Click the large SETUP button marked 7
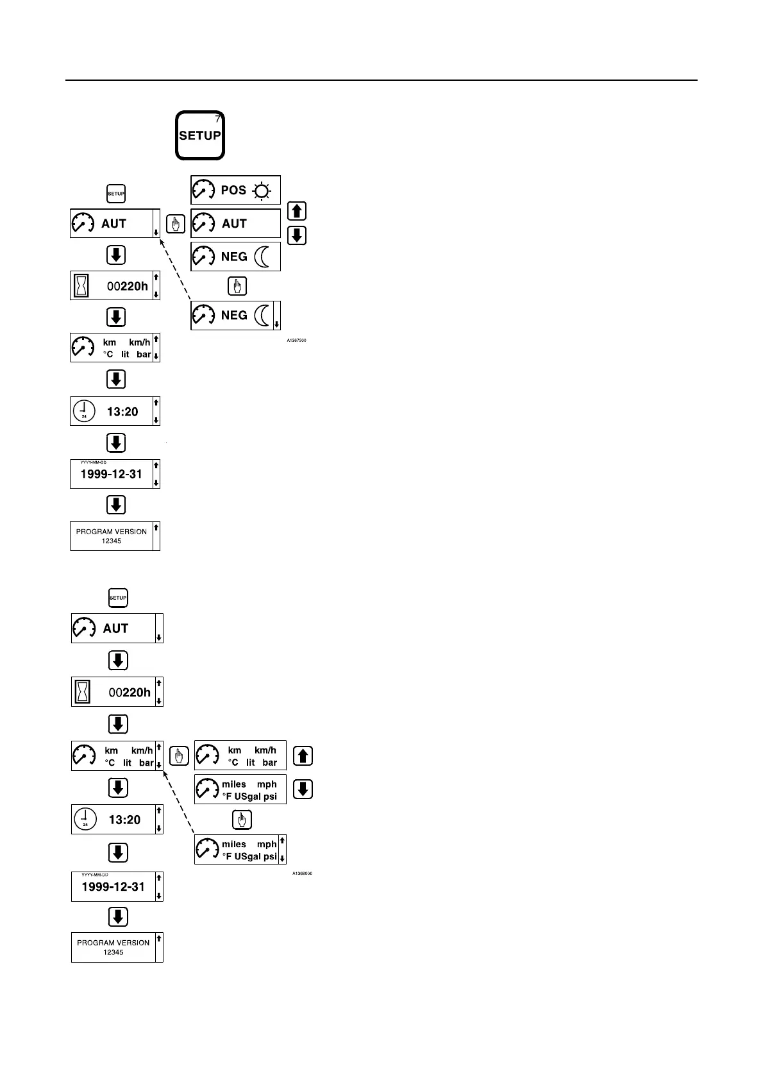click(200, 135)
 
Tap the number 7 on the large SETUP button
click(217, 119)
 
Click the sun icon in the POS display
click(262, 190)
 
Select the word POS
click(233, 190)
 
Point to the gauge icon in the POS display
click(204, 190)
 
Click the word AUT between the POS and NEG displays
click(234, 224)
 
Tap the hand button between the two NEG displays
click(237, 286)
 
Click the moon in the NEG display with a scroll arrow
click(262, 316)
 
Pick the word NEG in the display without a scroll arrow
click(234, 257)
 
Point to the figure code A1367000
click(296, 340)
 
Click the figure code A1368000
click(302, 873)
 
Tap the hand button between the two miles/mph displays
click(242, 820)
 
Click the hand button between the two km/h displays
click(179, 756)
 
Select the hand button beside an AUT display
click(175, 224)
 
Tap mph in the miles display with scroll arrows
click(267, 845)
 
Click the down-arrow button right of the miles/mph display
click(303, 789)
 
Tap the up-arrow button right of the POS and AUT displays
click(297, 211)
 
